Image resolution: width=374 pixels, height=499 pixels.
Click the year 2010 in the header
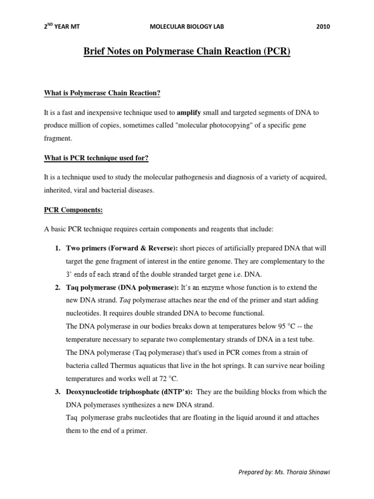point(322,27)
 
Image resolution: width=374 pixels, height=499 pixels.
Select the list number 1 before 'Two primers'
point(57,249)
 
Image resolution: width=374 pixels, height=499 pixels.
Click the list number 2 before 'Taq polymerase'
point(57,288)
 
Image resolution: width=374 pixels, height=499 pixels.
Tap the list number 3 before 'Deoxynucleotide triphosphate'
point(57,392)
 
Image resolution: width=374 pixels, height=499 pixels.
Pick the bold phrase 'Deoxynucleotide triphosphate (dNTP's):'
point(130,392)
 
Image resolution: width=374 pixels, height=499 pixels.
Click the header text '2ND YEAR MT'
point(61,27)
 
